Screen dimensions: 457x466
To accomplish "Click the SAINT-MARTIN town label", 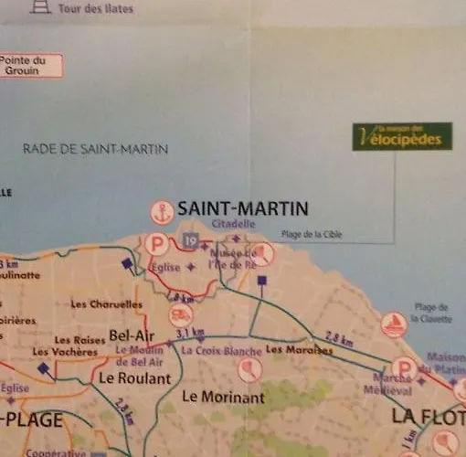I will point(242,207).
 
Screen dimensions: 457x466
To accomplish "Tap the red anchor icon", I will point(162,211).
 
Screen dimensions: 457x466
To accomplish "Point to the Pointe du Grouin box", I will point(30,65).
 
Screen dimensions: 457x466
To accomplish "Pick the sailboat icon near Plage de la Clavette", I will point(394,324).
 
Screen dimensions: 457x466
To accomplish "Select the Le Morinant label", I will point(223,397).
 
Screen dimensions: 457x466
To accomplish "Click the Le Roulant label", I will point(132,376).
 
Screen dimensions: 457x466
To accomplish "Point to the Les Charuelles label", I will point(106,303).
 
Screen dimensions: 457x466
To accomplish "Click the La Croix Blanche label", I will point(222,351).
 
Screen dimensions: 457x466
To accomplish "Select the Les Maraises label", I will point(291,348).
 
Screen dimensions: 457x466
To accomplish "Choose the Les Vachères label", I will point(64,352).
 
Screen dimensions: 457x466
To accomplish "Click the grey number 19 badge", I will point(190,240).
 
